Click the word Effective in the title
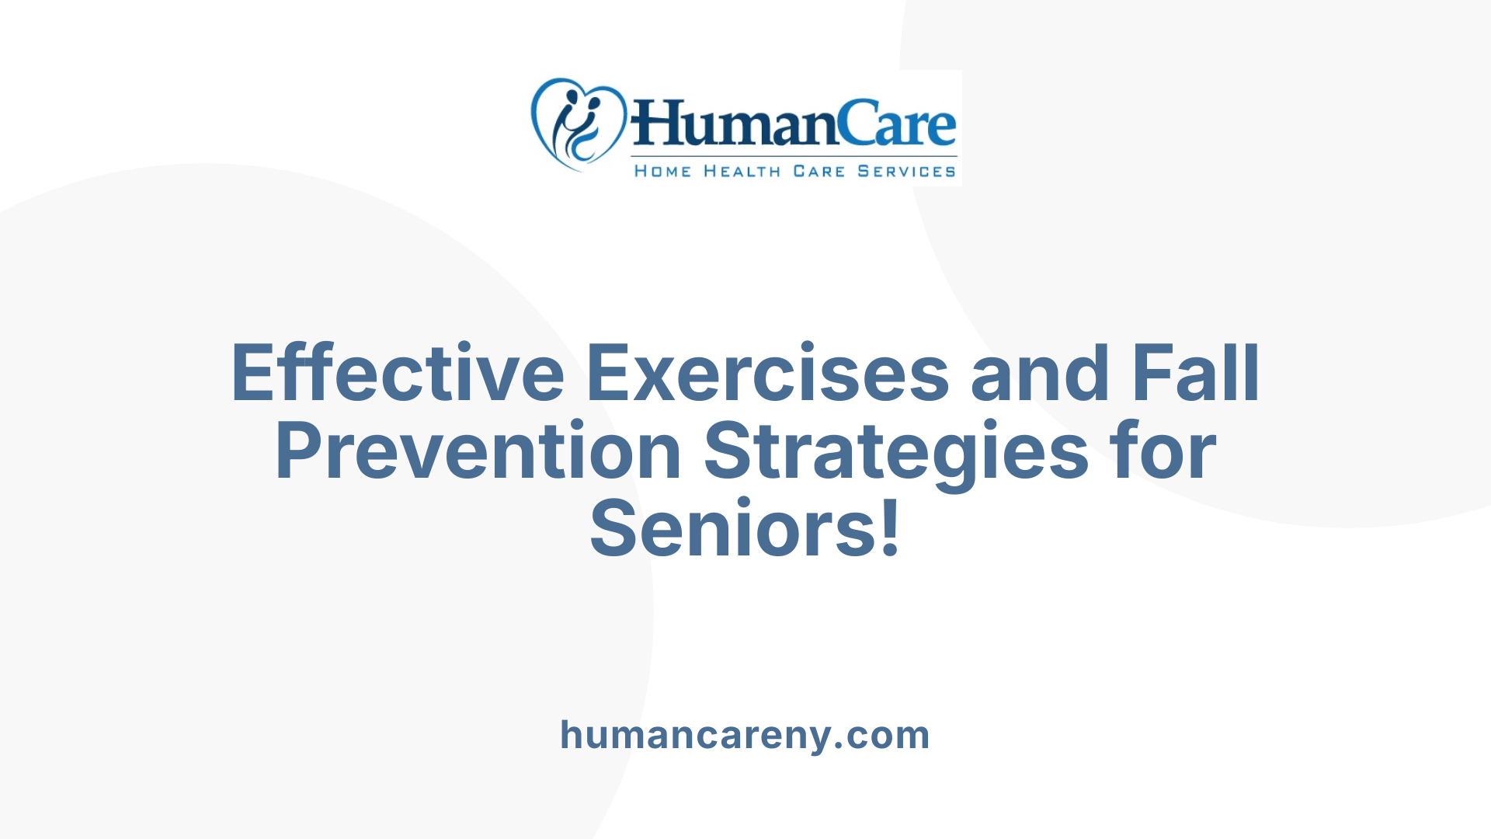pos(398,374)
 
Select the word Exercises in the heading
pos(767,374)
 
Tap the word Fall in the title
pos(1195,374)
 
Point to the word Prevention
pos(478,451)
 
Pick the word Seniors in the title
pos(733,529)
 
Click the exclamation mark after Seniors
pos(891,529)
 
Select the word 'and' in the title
pos(1041,374)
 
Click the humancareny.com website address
pos(745,735)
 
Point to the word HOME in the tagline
pos(662,172)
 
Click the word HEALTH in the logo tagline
pos(742,172)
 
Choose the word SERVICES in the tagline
pos(906,172)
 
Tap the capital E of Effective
pos(254,374)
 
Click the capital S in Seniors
pos(613,529)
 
